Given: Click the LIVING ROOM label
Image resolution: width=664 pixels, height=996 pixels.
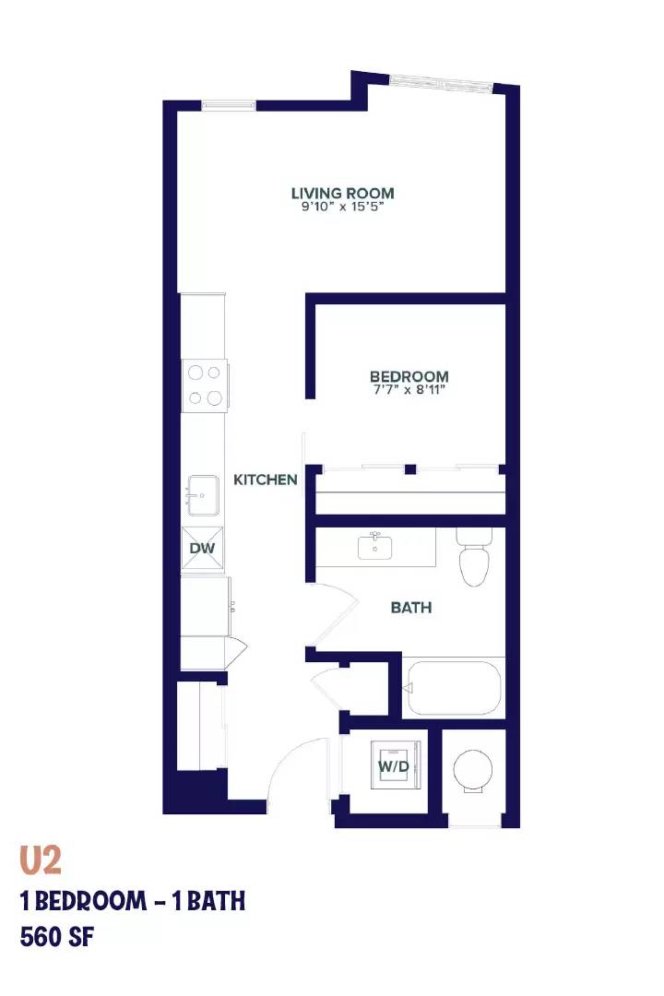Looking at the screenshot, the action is coord(342,193).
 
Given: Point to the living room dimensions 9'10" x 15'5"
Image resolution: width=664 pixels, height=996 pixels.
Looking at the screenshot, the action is coord(342,207).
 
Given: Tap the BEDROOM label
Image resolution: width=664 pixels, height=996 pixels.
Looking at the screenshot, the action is coord(409,376).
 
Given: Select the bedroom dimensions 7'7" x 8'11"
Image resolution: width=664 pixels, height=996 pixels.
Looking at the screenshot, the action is coord(409,389).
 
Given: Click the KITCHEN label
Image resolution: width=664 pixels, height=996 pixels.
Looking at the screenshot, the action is coord(266,480).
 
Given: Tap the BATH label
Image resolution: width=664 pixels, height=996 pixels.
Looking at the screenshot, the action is coord(411,608).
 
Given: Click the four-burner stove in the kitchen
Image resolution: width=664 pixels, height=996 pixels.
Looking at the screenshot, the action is coord(205,385).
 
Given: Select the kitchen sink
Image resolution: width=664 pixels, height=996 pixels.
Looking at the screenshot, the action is coord(203,495).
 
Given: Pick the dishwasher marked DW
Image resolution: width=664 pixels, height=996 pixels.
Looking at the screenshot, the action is coord(203,548).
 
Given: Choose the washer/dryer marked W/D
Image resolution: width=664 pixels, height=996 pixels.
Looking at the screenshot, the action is coord(396,765).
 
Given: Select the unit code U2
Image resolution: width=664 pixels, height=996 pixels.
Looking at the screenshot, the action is coord(41,860).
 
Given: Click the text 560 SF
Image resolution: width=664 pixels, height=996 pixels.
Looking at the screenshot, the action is coord(57,937).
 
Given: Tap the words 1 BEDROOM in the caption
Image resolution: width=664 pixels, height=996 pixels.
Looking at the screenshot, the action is coord(83,901).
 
